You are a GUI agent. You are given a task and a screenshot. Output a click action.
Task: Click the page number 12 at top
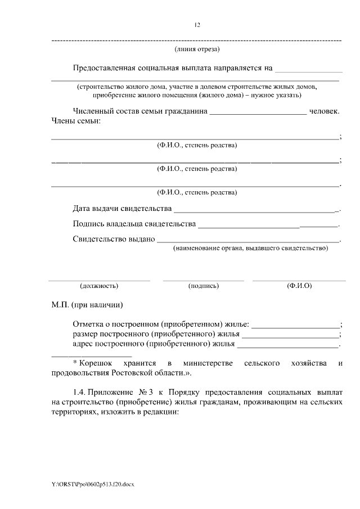pyautogui.click(x=197, y=25)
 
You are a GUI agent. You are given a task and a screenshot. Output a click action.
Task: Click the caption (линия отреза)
pyautogui.click(x=197, y=50)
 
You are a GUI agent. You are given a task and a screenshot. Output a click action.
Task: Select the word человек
pyautogui.click(x=325, y=111)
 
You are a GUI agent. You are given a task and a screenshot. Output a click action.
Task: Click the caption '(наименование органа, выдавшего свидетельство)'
pyautogui.click(x=250, y=248)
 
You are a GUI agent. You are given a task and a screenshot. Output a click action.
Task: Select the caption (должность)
pyautogui.click(x=99, y=286)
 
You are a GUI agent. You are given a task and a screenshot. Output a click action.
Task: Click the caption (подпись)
pyautogui.click(x=203, y=286)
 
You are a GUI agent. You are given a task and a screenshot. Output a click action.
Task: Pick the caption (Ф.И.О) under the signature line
pyautogui.click(x=299, y=286)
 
